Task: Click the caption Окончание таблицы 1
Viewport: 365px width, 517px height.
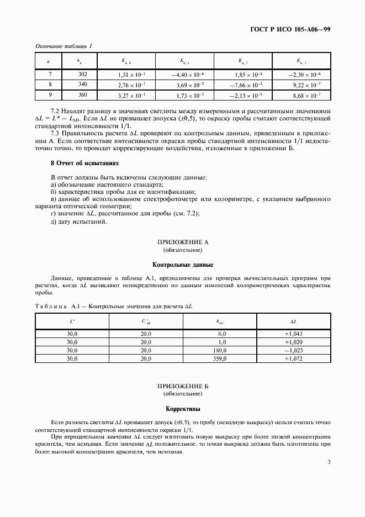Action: click(x=64, y=46)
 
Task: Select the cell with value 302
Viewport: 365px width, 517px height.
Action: click(x=83, y=74)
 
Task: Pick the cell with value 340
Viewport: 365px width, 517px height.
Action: click(x=83, y=85)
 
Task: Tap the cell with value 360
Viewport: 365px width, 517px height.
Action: click(x=83, y=95)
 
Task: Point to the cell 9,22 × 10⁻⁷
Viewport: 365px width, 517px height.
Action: click(x=301, y=85)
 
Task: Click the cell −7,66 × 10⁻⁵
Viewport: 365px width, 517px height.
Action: click(x=243, y=85)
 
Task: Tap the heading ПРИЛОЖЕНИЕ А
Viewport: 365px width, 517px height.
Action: click(x=182, y=242)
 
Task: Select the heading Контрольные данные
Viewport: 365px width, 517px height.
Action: click(x=182, y=265)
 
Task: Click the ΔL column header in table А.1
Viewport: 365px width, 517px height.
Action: click(x=294, y=321)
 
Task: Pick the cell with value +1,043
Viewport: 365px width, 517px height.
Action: click(x=294, y=334)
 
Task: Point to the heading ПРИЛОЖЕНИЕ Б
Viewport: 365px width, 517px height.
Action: click(x=182, y=387)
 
